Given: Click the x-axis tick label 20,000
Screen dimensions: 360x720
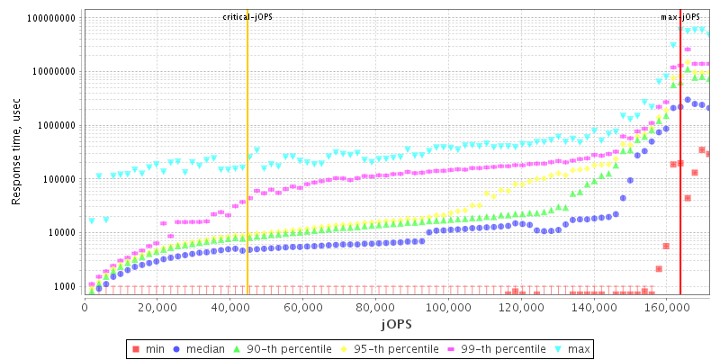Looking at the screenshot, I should pyautogui.click(x=157, y=307).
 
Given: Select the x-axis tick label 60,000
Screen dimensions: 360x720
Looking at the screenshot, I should pyautogui.click(x=303, y=307).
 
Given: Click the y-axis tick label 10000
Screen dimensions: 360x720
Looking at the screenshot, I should pyautogui.click(x=63, y=232).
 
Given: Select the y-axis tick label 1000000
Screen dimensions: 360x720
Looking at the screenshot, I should pyautogui.click(x=58, y=125).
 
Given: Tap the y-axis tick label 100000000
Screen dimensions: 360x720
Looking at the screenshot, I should pyautogui.click(x=52, y=18).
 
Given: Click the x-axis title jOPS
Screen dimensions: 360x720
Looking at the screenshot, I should pyautogui.click(x=396, y=323).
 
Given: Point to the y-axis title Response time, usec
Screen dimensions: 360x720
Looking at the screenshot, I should pyautogui.click(x=16, y=152).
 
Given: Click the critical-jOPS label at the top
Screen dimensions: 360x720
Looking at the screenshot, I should pyautogui.click(x=247, y=17).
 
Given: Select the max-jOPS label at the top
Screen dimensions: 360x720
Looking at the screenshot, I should pyautogui.click(x=680, y=17).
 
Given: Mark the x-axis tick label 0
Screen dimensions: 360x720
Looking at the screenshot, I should pyautogui.click(x=84, y=307).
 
